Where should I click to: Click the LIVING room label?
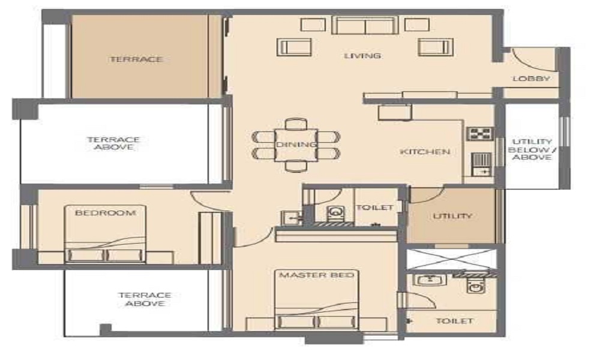pyautogui.click(x=362, y=56)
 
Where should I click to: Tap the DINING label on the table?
pyautogui.click(x=296, y=145)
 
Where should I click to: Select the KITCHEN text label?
pyautogui.click(x=425, y=152)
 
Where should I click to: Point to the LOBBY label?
pyautogui.click(x=531, y=79)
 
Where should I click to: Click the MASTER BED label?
pyautogui.click(x=317, y=275)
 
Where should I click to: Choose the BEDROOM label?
pyautogui.click(x=105, y=213)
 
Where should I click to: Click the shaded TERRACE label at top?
pyautogui.click(x=137, y=59)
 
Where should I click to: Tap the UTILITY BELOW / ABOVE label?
pyautogui.click(x=532, y=149)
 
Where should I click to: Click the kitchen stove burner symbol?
pyautogui.click(x=479, y=134)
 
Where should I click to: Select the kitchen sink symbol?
pyautogui.click(x=481, y=164)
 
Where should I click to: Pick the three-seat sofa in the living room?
pyautogui.click(x=365, y=25)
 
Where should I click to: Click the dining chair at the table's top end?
pyautogui.click(x=296, y=124)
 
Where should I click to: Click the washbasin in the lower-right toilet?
pyautogui.click(x=431, y=280)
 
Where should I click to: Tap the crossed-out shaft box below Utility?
pyautogui.click(x=451, y=259)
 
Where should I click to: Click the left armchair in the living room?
pyautogui.click(x=294, y=47)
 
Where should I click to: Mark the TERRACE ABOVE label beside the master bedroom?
pyautogui.click(x=145, y=299)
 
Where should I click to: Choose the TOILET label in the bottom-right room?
pyautogui.click(x=455, y=321)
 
